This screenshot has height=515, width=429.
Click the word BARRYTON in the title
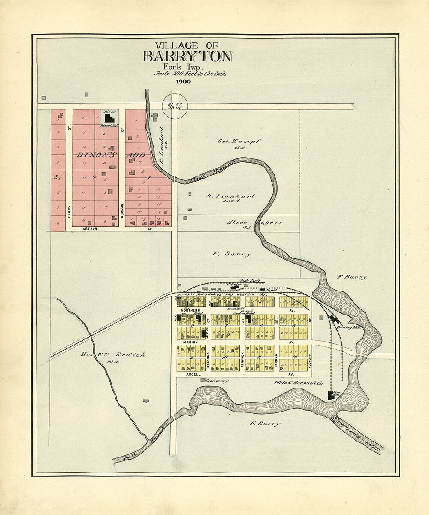pyautogui.click(x=187, y=57)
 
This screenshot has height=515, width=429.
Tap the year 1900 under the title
pyautogui.click(x=184, y=82)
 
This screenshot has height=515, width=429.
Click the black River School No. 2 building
pyautogui.click(x=110, y=118)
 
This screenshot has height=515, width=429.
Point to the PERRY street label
pyautogui.click(x=69, y=210)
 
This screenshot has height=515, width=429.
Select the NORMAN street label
pyautogui.click(x=122, y=210)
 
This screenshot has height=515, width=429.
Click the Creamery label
pyautogui.click(x=216, y=381)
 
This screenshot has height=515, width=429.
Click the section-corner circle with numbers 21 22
pyautogui.click(x=172, y=104)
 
